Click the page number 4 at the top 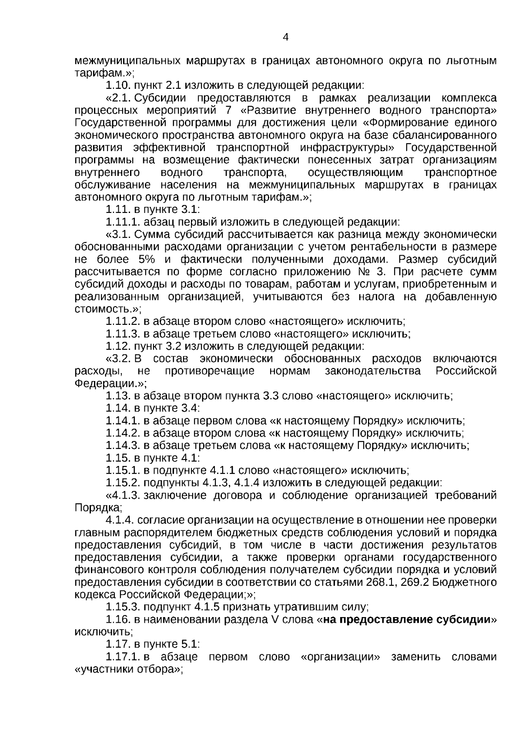[285, 37]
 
